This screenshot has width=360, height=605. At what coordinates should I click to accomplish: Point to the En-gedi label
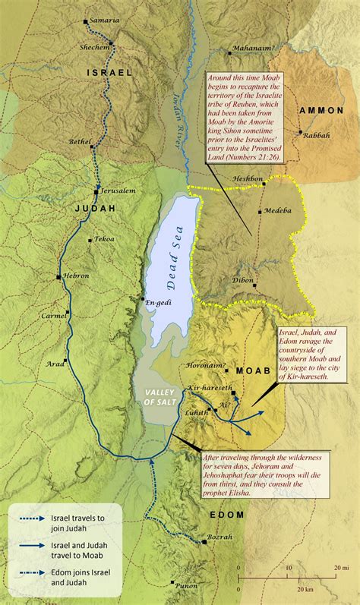pyautogui.click(x=158, y=302)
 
